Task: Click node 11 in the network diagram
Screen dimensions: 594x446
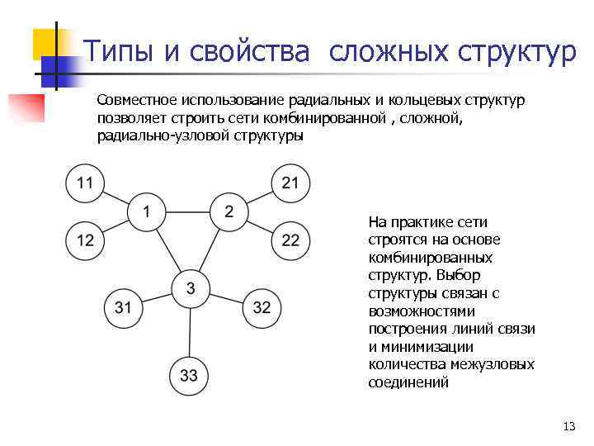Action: pos(86,183)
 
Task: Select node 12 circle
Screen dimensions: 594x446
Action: pos(86,240)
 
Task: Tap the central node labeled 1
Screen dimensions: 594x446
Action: pos(146,212)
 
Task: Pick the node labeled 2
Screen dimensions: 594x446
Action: pos(229,211)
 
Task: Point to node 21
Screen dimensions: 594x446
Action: pos(290,183)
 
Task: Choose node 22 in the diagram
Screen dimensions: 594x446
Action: pos(290,240)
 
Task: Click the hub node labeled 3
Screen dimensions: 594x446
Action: pos(191,288)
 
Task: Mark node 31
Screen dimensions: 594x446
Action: pos(123,308)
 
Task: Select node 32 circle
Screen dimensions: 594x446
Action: pos(262,308)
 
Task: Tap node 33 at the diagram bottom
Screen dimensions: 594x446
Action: pos(189,376)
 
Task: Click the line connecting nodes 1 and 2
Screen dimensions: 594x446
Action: pos(187,212)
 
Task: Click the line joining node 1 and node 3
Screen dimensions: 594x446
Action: pos(167,249)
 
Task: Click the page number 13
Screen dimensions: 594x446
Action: pos(568,427)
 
